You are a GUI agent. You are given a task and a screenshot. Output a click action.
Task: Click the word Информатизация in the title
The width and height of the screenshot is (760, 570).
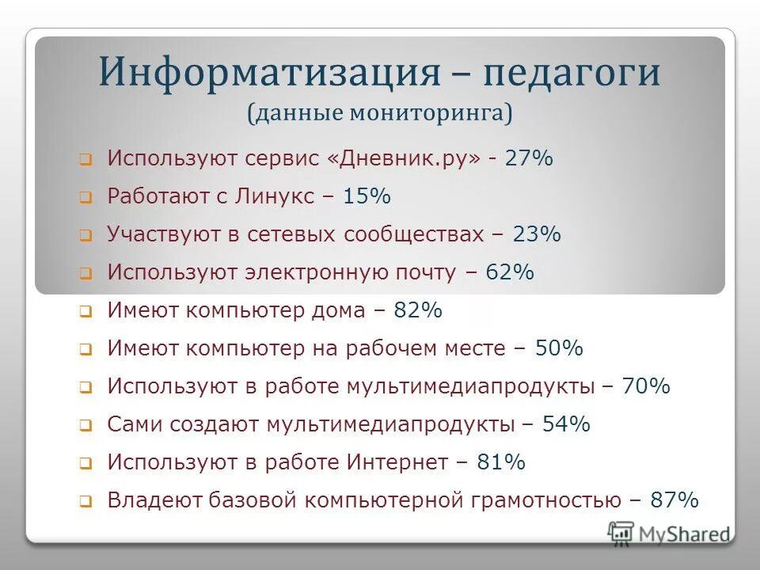[269, 73]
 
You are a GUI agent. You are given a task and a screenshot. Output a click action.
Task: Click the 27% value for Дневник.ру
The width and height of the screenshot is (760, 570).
[530, 158]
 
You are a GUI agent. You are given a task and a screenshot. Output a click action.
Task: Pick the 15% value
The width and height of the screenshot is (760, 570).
[367, 196]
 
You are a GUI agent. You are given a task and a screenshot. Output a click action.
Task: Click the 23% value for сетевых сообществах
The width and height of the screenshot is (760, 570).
[537, 234]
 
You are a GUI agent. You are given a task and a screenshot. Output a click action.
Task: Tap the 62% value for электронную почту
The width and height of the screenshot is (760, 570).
[511, 272]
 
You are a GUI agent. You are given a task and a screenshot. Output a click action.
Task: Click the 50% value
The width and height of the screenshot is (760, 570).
[559, 348]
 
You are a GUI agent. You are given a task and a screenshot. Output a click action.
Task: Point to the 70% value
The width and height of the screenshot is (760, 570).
[646, 386]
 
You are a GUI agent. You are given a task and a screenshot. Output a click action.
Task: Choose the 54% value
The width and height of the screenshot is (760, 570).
[567, 424]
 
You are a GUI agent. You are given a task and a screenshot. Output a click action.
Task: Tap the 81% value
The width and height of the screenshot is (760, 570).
[501, 462]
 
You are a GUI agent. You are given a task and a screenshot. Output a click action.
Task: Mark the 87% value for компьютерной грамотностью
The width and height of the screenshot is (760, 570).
[674, 500]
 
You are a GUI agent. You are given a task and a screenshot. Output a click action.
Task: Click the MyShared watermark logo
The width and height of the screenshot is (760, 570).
[669, 534]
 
